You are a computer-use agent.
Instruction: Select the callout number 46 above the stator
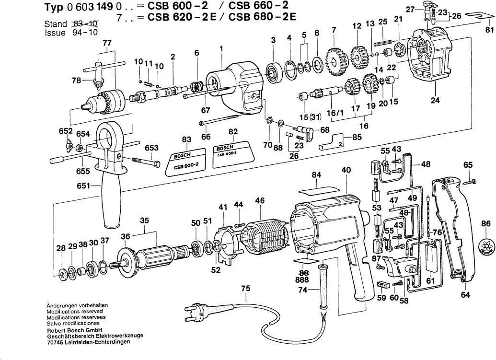point(259,201)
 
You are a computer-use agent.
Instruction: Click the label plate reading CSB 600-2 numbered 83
point(186,162)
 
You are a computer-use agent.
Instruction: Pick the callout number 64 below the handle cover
point(465,295)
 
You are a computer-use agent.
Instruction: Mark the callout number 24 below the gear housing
point(435,101)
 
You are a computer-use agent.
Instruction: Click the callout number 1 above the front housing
point(221,48)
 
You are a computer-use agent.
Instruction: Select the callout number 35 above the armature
point(144,221)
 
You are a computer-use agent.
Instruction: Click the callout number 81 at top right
point(488,30)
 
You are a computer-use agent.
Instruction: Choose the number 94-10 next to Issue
point(77,33)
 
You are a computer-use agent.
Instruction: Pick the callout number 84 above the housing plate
point(315,175)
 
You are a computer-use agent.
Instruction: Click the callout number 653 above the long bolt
point(151,149)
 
